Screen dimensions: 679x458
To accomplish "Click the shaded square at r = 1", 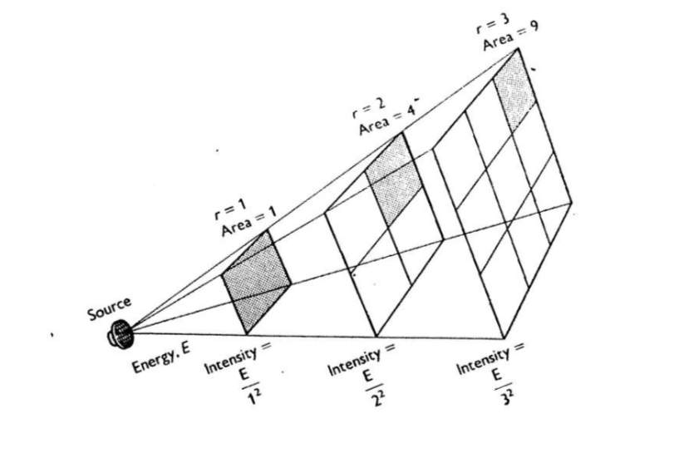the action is click(x=257, y=283).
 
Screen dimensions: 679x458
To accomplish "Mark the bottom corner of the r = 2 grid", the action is click(x=376, y=335).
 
